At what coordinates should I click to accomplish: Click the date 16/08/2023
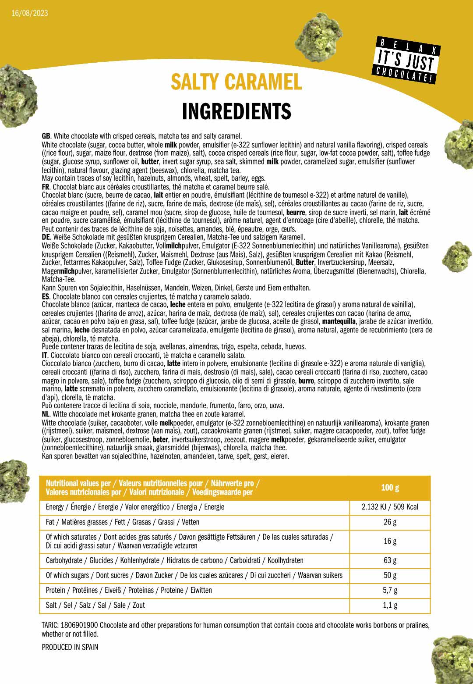[30, 13]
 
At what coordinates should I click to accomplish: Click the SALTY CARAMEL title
[236, 82]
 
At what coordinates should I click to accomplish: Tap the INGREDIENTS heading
[236, 111]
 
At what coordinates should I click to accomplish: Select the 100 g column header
[390, 488]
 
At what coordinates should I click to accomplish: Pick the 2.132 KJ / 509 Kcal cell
[390, 507]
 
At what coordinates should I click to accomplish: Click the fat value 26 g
[390, 522]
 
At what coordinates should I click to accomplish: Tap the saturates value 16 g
[390, 541]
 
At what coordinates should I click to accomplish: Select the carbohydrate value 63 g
[390, 560]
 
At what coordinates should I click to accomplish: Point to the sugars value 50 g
[390, 575]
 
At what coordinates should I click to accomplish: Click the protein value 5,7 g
[390, 590]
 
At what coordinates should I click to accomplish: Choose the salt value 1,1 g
[390, 605]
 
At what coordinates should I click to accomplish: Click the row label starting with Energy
[135, 507]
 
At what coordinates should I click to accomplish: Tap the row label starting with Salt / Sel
[95, 605]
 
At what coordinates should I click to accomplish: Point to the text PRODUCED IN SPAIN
[70, 647]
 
